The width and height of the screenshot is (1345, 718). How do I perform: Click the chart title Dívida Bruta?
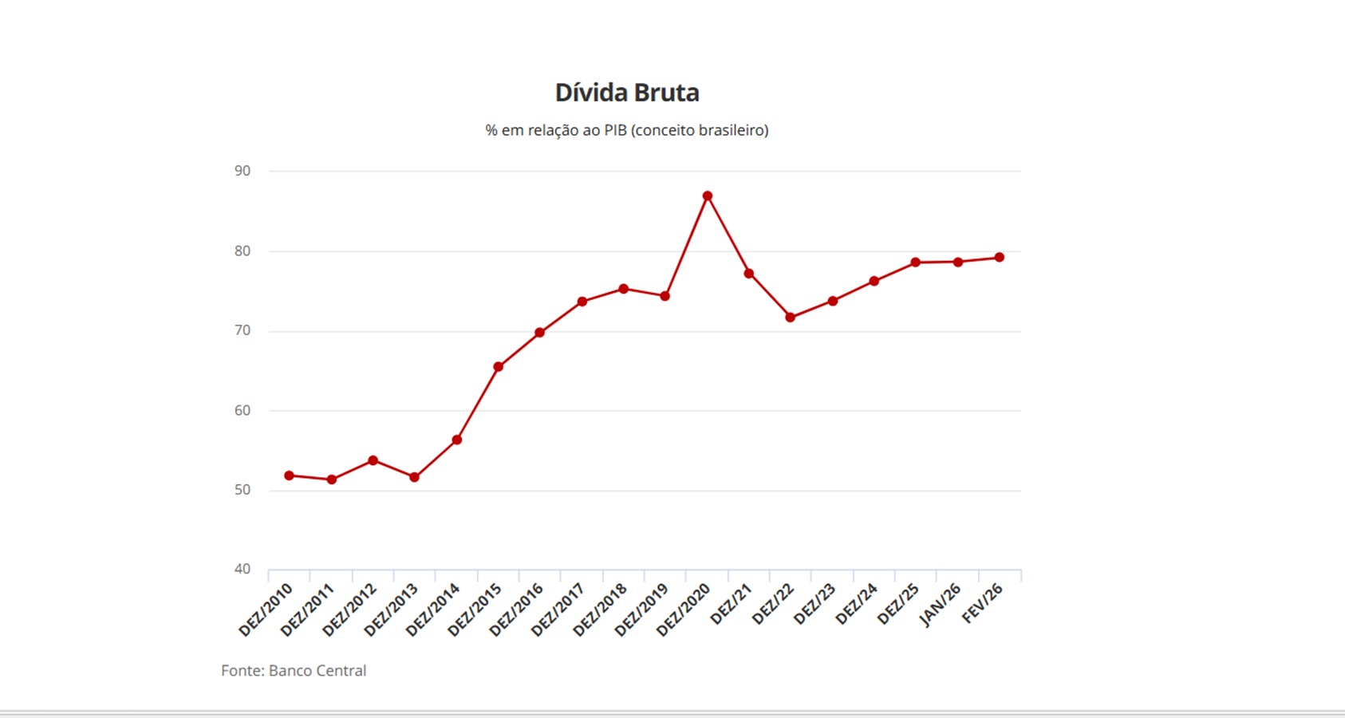pos(627,93)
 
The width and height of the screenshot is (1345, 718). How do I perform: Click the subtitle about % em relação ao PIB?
pos(627,130)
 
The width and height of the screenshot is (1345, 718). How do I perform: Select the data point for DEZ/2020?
pos(708,195)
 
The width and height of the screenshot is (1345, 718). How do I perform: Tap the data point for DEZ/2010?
pos(290,475)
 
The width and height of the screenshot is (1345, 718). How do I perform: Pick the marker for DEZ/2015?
pos(499,367)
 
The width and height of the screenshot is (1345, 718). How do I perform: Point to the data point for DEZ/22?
pos(791,318)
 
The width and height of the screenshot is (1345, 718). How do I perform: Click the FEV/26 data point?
pos(1000,258)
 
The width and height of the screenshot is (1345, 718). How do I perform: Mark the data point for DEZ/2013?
pos(415,477)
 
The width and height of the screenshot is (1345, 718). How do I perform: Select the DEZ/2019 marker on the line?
pos(665,296)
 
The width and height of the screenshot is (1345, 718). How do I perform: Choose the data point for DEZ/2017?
pos(582,302)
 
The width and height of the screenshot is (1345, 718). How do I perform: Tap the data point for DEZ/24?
pos(874,281)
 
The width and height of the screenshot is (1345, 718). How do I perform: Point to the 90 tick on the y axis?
pos(243,171)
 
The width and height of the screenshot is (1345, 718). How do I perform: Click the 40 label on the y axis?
pos(243,569)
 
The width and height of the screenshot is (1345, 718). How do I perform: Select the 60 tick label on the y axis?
pos(243,410)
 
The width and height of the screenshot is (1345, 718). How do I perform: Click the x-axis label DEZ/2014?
pos(433,610)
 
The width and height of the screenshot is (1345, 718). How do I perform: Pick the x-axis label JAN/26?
pos(941,606)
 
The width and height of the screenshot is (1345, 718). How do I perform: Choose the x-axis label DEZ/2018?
pos(601,610)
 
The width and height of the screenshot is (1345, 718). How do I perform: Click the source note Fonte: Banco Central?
pos(294,671)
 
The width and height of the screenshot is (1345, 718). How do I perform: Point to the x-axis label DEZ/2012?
pos(349,610)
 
